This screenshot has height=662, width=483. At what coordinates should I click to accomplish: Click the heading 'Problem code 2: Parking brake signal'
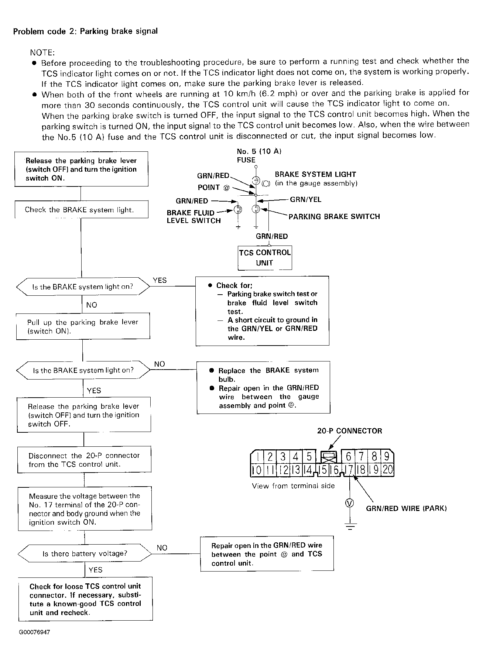tap(85, 31)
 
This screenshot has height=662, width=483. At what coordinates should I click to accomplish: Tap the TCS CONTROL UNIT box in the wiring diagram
tap(265, 258)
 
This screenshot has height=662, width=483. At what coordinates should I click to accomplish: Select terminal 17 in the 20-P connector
tap(349, 470)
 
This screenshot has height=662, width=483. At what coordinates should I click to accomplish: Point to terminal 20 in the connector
tap(388, 470)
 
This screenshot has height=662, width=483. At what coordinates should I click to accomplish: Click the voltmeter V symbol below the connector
tap(349, 503)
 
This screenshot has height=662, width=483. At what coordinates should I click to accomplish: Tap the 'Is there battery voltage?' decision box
tap(85, 554)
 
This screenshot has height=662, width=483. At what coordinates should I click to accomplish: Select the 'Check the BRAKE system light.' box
tap(81, 210)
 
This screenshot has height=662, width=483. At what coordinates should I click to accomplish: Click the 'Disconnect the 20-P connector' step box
tap(84, 460)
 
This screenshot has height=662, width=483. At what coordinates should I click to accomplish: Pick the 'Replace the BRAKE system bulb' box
tap(263, 387)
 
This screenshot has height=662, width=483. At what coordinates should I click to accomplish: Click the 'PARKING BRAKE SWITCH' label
tap(334, 217)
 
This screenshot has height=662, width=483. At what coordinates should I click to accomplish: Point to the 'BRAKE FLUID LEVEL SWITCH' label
tap(194, 217)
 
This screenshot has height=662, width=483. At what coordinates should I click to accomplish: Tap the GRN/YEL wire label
tap(306, 200)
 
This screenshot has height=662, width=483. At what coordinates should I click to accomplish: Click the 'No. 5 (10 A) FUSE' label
tap(259, 156)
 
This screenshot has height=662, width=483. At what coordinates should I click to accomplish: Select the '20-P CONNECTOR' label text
tap(350, 431)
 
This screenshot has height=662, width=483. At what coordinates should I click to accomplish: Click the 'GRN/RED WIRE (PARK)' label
tap(407, 508)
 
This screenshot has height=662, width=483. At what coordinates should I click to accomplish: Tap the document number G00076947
tap(35, 632)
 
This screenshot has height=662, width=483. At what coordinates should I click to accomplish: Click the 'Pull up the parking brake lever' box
tap(83, 326)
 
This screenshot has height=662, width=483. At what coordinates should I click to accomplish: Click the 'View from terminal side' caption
tap(293, 486)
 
